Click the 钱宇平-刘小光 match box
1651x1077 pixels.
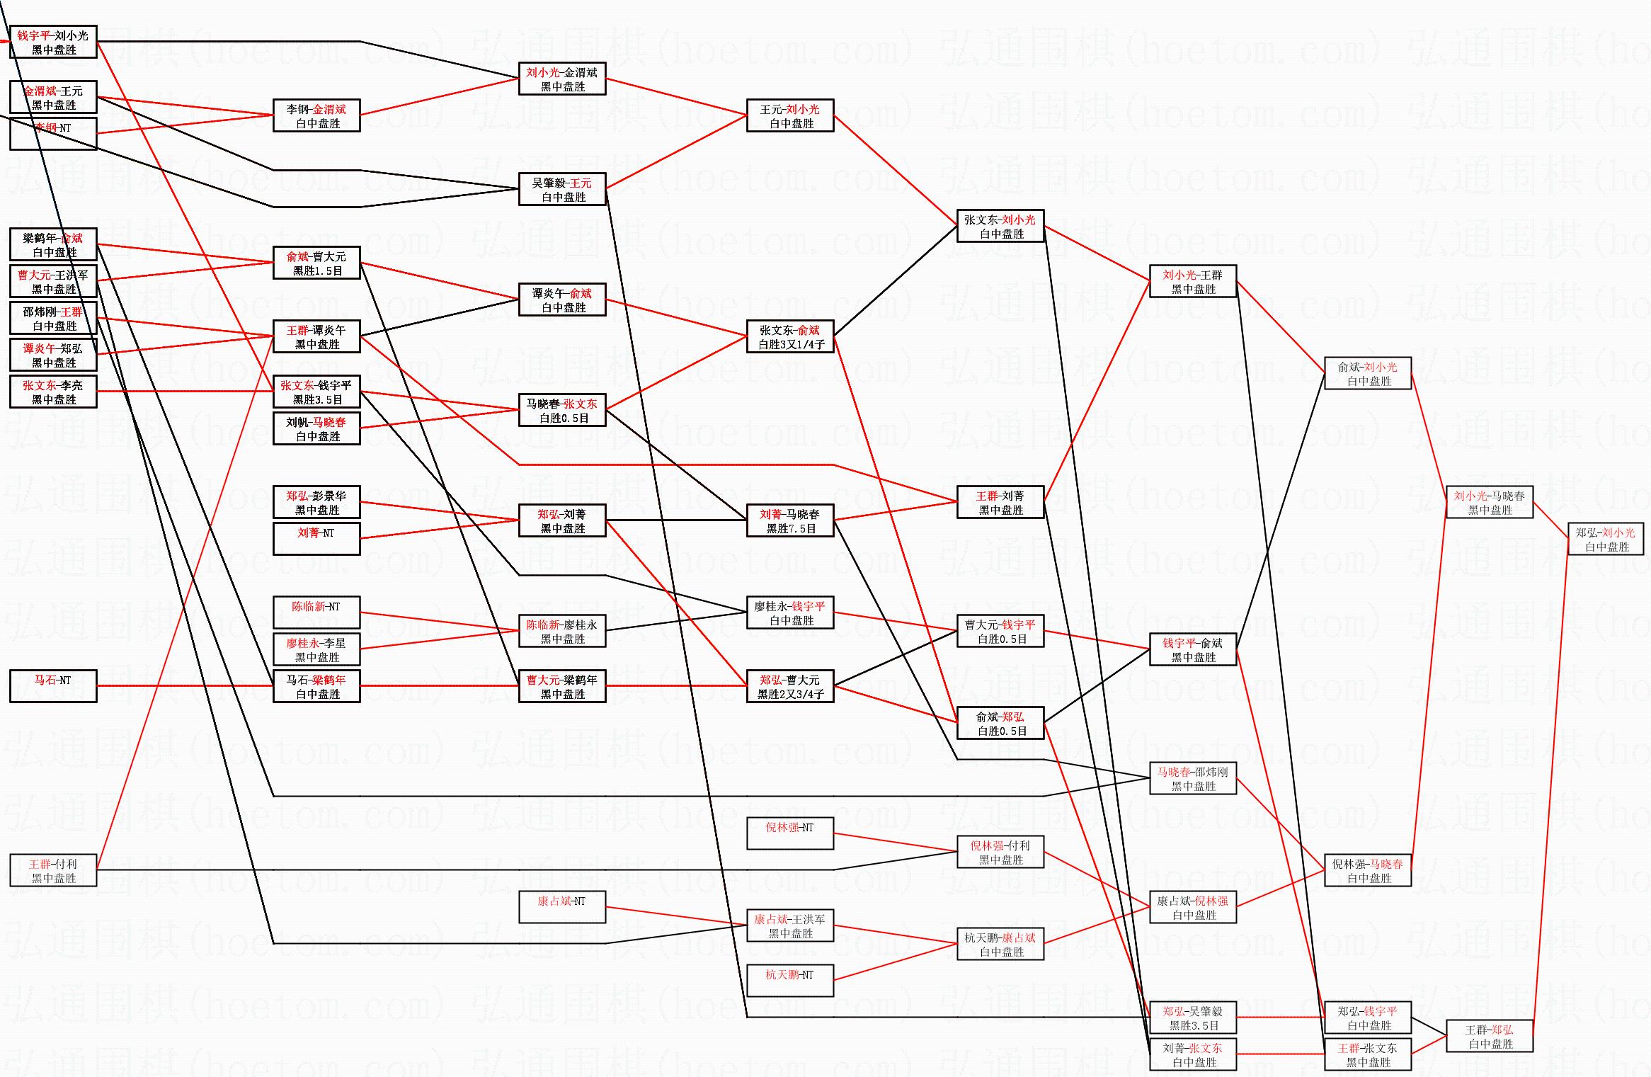pos(53,42)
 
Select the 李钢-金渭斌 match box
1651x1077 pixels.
pos(316,116)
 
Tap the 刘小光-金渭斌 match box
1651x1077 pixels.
pos(562,79)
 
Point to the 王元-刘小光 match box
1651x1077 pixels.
pos(790,116)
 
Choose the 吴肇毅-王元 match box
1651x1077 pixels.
pos(562,190)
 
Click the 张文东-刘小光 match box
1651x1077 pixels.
pos(1000,227)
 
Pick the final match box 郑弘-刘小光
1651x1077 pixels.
pos(1606,540)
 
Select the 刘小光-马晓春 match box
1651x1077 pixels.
pos(1490,503)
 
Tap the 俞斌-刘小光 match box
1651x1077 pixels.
pos(1368,374)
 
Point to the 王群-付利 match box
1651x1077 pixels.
pos(53,871)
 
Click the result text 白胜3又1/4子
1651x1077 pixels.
pos(791,345)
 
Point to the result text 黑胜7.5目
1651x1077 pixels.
pos(791,529)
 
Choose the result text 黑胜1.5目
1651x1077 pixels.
pos(317,271)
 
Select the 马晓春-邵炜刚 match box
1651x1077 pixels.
pos(1193,779)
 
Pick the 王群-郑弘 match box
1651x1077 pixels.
pos(1490,1037)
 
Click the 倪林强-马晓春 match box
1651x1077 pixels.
pos(1368,871)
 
